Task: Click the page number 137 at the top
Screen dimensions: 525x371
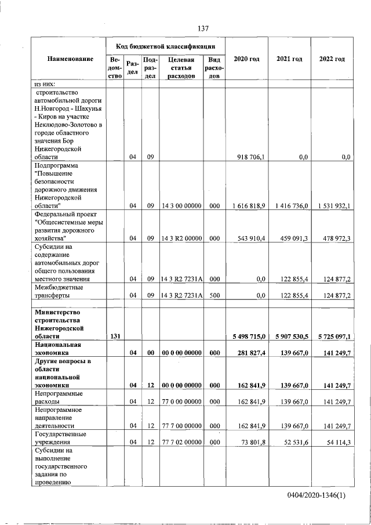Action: [202, 28]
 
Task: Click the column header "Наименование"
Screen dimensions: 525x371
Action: [71, 59]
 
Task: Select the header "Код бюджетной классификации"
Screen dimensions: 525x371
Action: [166, 46]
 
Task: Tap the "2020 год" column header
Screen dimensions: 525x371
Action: [246, 59]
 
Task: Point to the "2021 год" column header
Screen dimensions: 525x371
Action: [289, 59]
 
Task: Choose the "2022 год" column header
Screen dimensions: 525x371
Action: [332, 59]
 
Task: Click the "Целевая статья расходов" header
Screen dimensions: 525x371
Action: [181, 67]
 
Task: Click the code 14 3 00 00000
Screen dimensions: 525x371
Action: [181, 205]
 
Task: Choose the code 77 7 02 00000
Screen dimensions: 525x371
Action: [181, 442]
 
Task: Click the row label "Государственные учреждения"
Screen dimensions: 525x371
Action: [61, 438]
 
